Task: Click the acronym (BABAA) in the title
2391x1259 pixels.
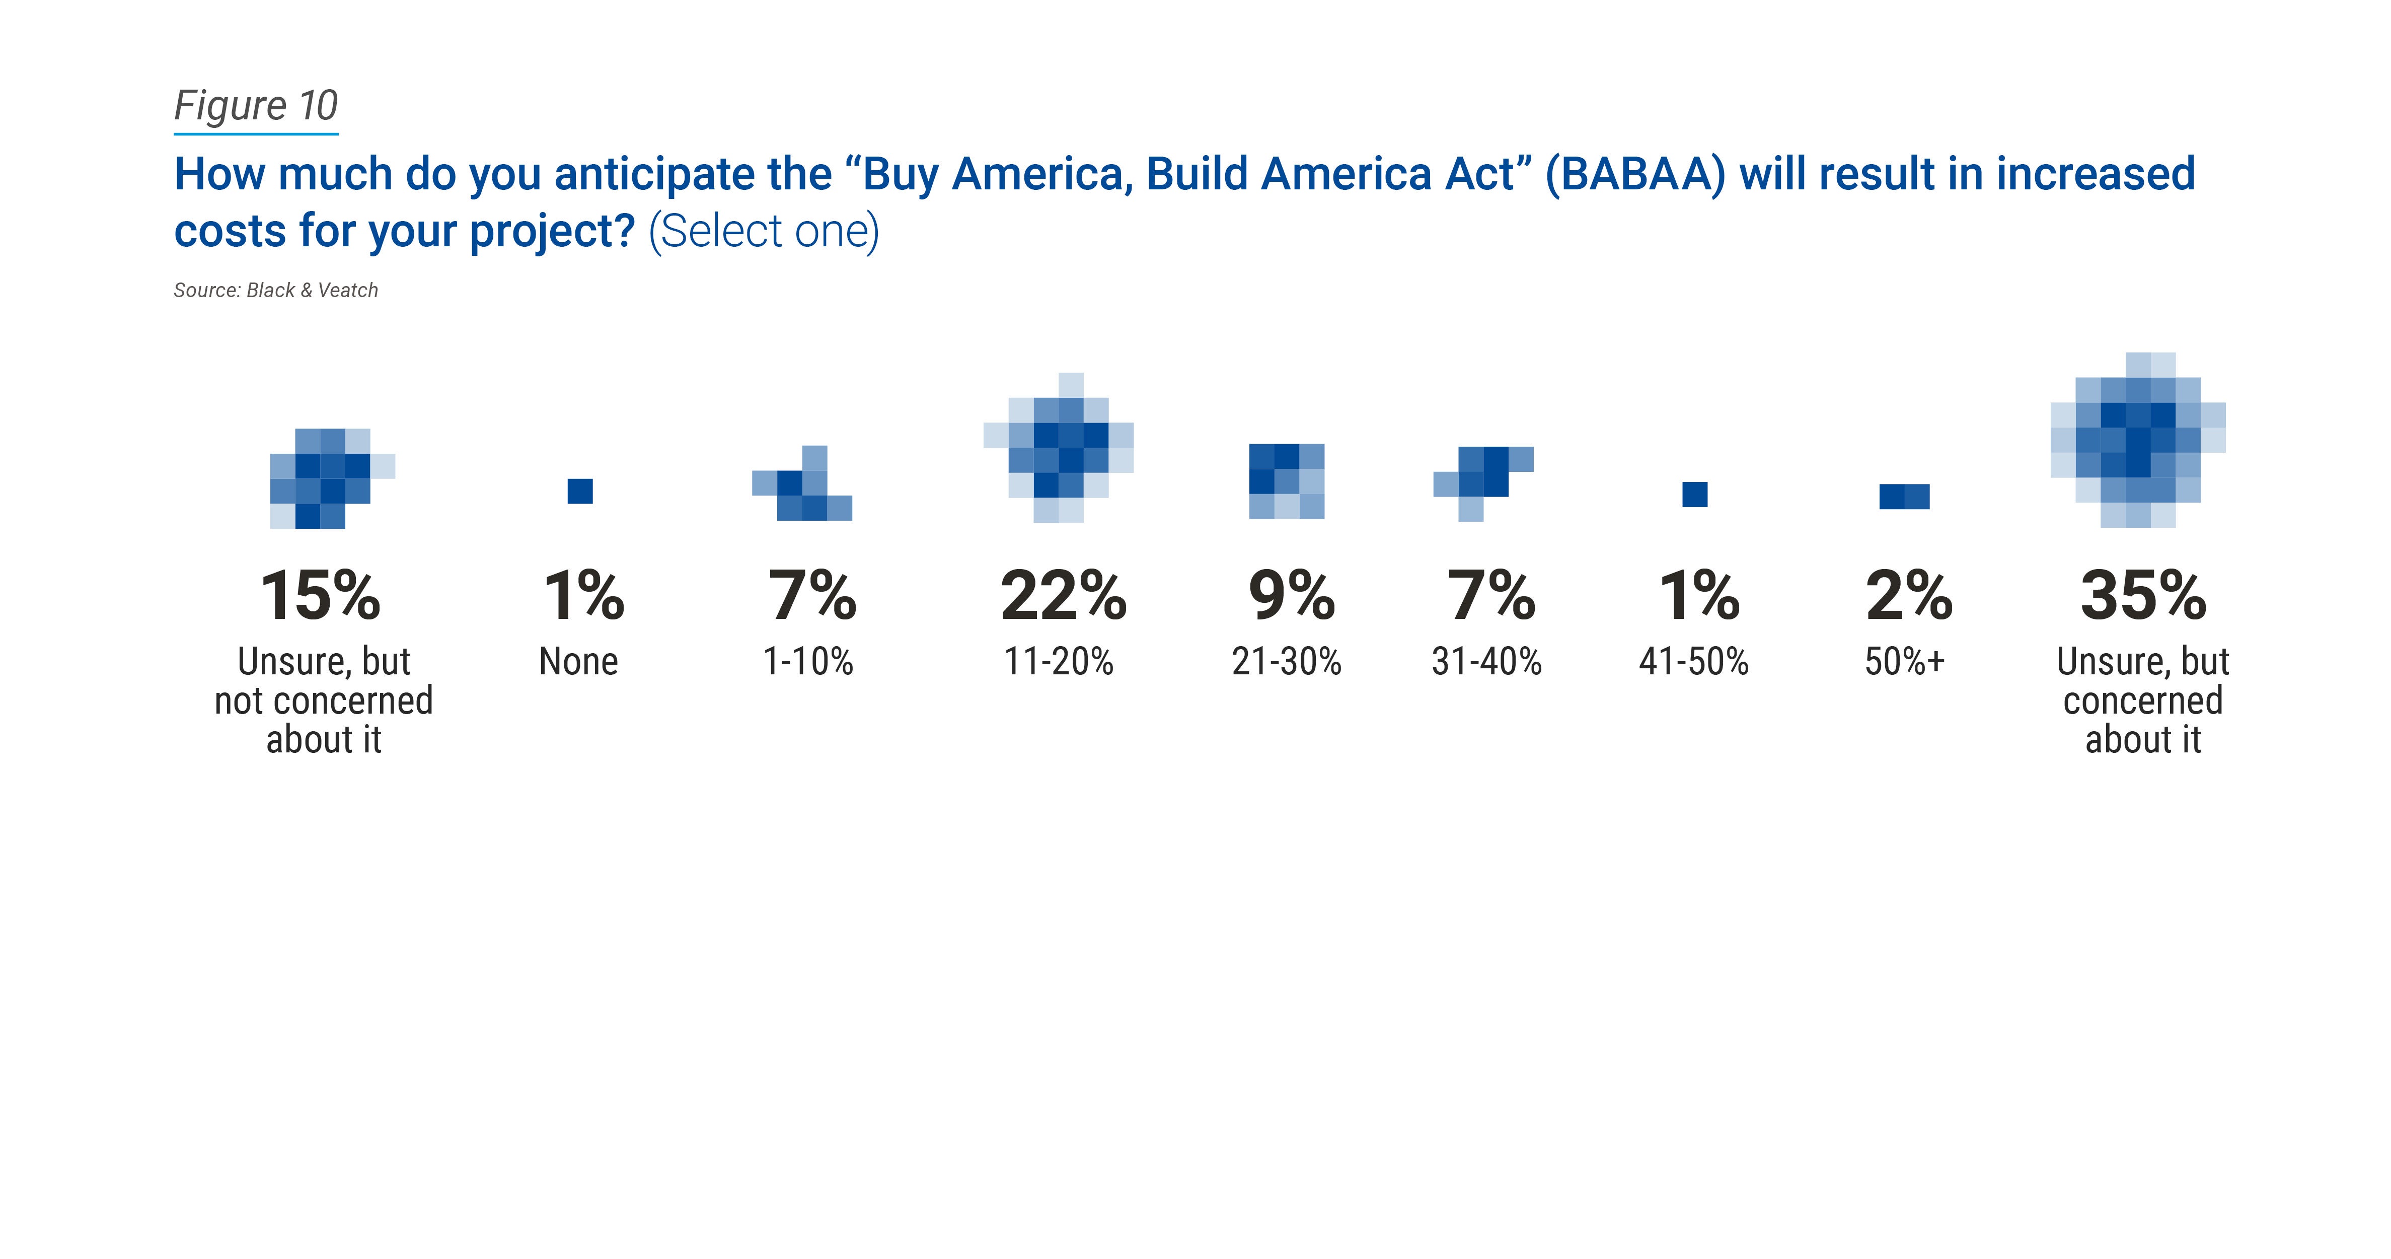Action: (x=1634, y=175)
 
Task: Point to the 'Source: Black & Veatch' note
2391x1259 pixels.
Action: (x=276, y=291)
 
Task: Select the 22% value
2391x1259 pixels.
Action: (x=1063, y=595)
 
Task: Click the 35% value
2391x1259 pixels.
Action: (x=2142, y=595)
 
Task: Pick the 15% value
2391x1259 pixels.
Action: (x=320, y=595)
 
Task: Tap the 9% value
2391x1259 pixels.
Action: (x=1291, y=595)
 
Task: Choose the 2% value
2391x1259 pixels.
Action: (x=1908, y=595)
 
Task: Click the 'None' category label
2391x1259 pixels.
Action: (x=578, y=662)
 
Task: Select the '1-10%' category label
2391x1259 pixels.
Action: (x=807, y=662)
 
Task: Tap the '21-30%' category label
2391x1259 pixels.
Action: (x=1287, y=662)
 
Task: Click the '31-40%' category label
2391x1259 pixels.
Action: (x=1486, y=662)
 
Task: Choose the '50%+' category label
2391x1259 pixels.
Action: (x=1904, y=662)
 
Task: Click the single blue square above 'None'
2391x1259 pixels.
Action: (x=580, y=491)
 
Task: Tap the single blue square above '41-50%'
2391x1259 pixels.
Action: (x=1695, y=494)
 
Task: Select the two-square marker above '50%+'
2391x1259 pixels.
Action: (x=1905, y=497)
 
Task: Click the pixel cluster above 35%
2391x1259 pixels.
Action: (x=2138, y=440)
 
